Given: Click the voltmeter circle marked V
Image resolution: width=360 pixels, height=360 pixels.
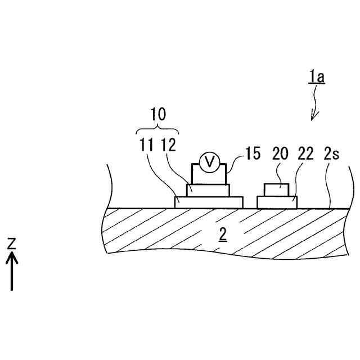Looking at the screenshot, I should tap(210, 162).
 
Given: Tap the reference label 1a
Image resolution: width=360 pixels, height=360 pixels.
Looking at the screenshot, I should tap(316, 77).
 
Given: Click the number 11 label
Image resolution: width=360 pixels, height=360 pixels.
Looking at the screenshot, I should tap(147, 145).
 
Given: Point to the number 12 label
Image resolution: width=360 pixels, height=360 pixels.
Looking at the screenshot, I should tap(168, 145).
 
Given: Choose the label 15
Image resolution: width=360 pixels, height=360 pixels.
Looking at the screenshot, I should tap(253, 153).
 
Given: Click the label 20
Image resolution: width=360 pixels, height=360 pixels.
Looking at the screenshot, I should tap(280, 153).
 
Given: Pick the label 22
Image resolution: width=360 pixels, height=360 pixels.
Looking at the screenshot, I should tap(306, 153).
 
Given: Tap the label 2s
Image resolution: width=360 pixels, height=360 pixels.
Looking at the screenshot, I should tap(331, 153).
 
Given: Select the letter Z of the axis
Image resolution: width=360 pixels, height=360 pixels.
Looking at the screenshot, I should tap(12, 243).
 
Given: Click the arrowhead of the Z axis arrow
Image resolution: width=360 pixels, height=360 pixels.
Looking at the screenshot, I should tap(12, 257).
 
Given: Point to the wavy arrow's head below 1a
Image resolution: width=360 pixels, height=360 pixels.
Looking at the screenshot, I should tap(314, 116).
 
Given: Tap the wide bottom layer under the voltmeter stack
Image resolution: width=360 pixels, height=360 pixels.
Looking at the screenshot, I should tap(209, 202).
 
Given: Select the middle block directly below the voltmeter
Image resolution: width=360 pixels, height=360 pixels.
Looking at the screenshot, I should tap(208, 190).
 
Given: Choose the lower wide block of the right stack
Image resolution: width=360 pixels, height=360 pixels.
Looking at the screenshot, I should tap(277, 202).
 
